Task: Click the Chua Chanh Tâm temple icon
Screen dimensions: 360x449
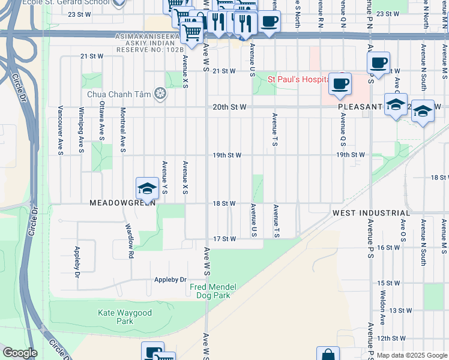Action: (160, 93)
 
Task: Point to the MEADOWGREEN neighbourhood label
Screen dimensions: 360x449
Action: (122, 203)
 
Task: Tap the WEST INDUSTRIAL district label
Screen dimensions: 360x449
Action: (371, 213)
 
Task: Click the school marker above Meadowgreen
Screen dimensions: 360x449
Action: (147, 188)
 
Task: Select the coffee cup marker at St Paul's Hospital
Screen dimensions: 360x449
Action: (340, 85)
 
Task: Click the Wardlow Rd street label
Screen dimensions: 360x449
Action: (130, 242)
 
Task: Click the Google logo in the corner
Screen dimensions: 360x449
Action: (20, 353)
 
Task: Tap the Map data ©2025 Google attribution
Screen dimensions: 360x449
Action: (411, 355)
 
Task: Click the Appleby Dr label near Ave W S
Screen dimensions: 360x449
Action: (170, 280)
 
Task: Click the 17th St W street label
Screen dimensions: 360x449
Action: (225, 239)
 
